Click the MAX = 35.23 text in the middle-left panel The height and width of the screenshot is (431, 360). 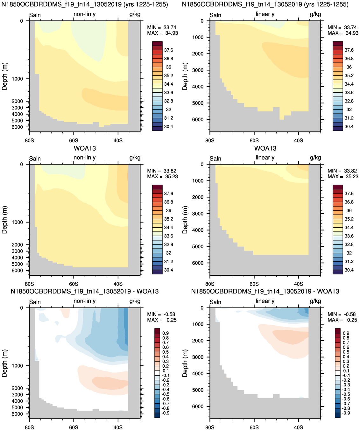tap(162, 176)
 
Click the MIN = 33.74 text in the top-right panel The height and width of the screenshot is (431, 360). tap(343, 27)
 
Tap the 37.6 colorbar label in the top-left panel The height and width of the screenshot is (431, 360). tap(168, 50)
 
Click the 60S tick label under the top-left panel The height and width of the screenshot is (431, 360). tap(74, 141)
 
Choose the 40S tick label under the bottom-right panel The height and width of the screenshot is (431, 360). tap(299, 427)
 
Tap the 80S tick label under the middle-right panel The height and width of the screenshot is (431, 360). tap(210, 284)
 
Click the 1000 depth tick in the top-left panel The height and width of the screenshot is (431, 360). tap(17, 79)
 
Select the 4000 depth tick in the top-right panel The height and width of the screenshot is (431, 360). tap(198, 87)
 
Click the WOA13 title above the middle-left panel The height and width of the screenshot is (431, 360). tap(85, 148)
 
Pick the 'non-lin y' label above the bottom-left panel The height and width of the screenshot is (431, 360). tap(84, 301)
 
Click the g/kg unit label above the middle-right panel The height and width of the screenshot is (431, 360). tap(315, 158)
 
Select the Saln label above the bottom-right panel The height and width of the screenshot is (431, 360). tap(215, 302)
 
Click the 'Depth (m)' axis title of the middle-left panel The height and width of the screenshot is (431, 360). tap(4, 220)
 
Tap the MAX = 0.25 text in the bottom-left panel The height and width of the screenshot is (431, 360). tap(162, 320)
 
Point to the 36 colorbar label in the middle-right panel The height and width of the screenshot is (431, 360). tap(349, 210)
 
